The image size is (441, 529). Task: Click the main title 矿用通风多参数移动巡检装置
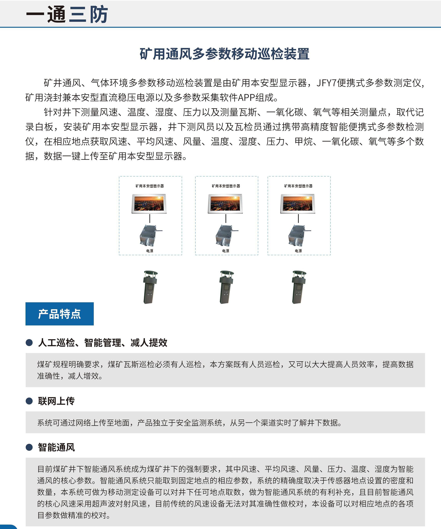[224, 54]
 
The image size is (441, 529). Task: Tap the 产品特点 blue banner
[59, 314]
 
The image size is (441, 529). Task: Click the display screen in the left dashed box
[149, 204]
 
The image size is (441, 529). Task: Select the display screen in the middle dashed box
[225, 204]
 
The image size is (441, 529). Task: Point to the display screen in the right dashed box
[298, 204]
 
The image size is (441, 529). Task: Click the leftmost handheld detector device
[150, 287]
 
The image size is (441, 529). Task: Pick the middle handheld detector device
[226, 287]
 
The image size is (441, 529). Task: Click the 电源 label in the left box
[150, 251]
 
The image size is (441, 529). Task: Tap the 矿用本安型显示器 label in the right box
[298, 186]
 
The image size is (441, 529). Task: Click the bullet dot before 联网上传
[29, 401]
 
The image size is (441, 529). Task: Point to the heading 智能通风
[56, 447]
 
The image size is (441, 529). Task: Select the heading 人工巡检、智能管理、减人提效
[103, 342]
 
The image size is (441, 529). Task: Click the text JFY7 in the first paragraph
[326, 83]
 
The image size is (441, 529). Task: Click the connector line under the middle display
[226, 218]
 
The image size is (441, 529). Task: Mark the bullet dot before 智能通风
[29, 447]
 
